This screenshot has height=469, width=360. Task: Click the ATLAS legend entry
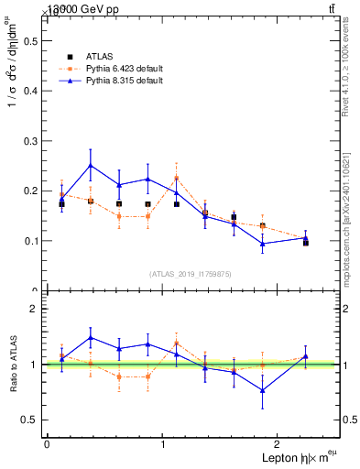pos(98,57)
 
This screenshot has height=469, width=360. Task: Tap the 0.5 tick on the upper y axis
pos(27,40)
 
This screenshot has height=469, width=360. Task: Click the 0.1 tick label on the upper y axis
pos(27,241)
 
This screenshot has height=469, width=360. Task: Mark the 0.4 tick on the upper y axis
pos(27,91)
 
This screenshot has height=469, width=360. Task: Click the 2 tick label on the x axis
pos(279,443)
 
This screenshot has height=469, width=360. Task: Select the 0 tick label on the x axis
pos(47,443)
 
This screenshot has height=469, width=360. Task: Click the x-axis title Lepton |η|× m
pos(295,457)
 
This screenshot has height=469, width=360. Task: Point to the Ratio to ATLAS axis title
pos(11,365)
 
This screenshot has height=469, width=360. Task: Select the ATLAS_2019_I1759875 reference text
pos(191,274)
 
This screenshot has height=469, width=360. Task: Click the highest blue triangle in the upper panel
pos(91,166)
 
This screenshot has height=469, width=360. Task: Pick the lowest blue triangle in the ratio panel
pos(263,390)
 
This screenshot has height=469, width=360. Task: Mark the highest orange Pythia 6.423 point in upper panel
pos(177,178)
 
